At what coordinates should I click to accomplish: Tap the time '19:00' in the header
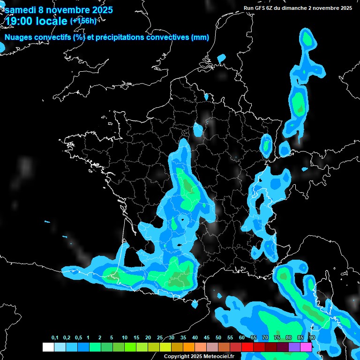[x=21, y=21]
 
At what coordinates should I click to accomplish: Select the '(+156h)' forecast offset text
[x=83, y=21]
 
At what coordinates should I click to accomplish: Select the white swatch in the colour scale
[x=48, y=347]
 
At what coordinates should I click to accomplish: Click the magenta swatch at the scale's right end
[x=306, y=347]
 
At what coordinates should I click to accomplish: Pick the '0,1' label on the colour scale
[x=55, y=338]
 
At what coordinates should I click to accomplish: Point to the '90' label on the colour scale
[x=312, y=338]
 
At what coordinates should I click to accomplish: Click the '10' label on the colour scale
[x=125, y=338]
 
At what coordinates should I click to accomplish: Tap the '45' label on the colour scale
[x=207, y=338]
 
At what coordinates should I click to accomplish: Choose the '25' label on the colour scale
[x=160, y=338]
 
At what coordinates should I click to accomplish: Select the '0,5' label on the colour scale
[x=78, y=338]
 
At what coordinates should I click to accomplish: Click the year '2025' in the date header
[x=100, y=10]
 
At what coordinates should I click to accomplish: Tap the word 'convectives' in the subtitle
[x=169, y=37]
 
